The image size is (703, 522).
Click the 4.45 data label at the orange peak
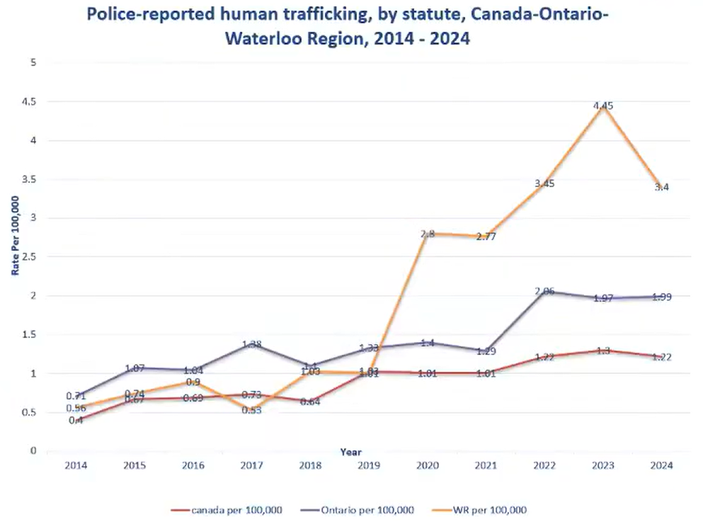coord(603,106)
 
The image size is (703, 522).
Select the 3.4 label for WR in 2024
coord(661,188)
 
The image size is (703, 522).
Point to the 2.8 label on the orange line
coord(427,234)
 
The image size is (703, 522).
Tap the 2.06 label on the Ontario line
coord(544,291)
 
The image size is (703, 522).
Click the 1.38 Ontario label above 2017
coord(252,344)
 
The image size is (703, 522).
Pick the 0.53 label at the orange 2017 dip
coord(252,410)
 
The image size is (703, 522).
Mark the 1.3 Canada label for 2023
coord(603,351)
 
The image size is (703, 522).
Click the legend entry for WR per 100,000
coord(495,509)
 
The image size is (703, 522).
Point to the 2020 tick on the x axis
coord(427,465)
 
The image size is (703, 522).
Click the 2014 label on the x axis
coord(76,465)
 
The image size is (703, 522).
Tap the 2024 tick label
coord(661,465)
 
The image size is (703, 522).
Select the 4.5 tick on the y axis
coord(30,102)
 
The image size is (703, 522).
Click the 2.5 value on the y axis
coord(30,257)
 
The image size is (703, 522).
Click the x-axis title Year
coord(350,451)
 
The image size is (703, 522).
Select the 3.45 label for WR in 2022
coord(544,184)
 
